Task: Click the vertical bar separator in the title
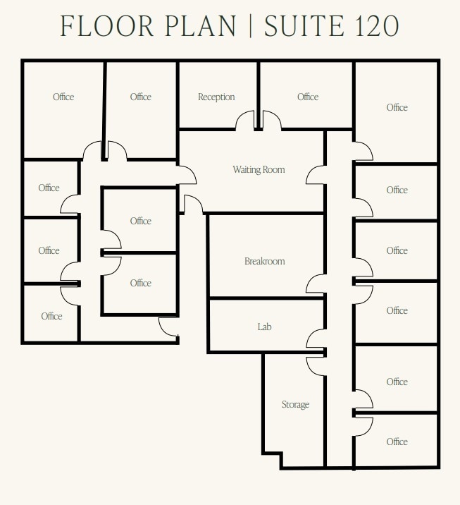[250, 26]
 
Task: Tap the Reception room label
[216, 97]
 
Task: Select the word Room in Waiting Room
[275, 170]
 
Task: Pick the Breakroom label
[264, 262]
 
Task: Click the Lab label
[264, 327]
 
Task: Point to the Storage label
[295, 405]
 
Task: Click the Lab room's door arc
[315, 339]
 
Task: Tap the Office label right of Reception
[308, 97]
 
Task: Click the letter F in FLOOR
[68, 26]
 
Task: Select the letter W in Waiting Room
[237, 170]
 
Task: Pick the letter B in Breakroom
[247, 262]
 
